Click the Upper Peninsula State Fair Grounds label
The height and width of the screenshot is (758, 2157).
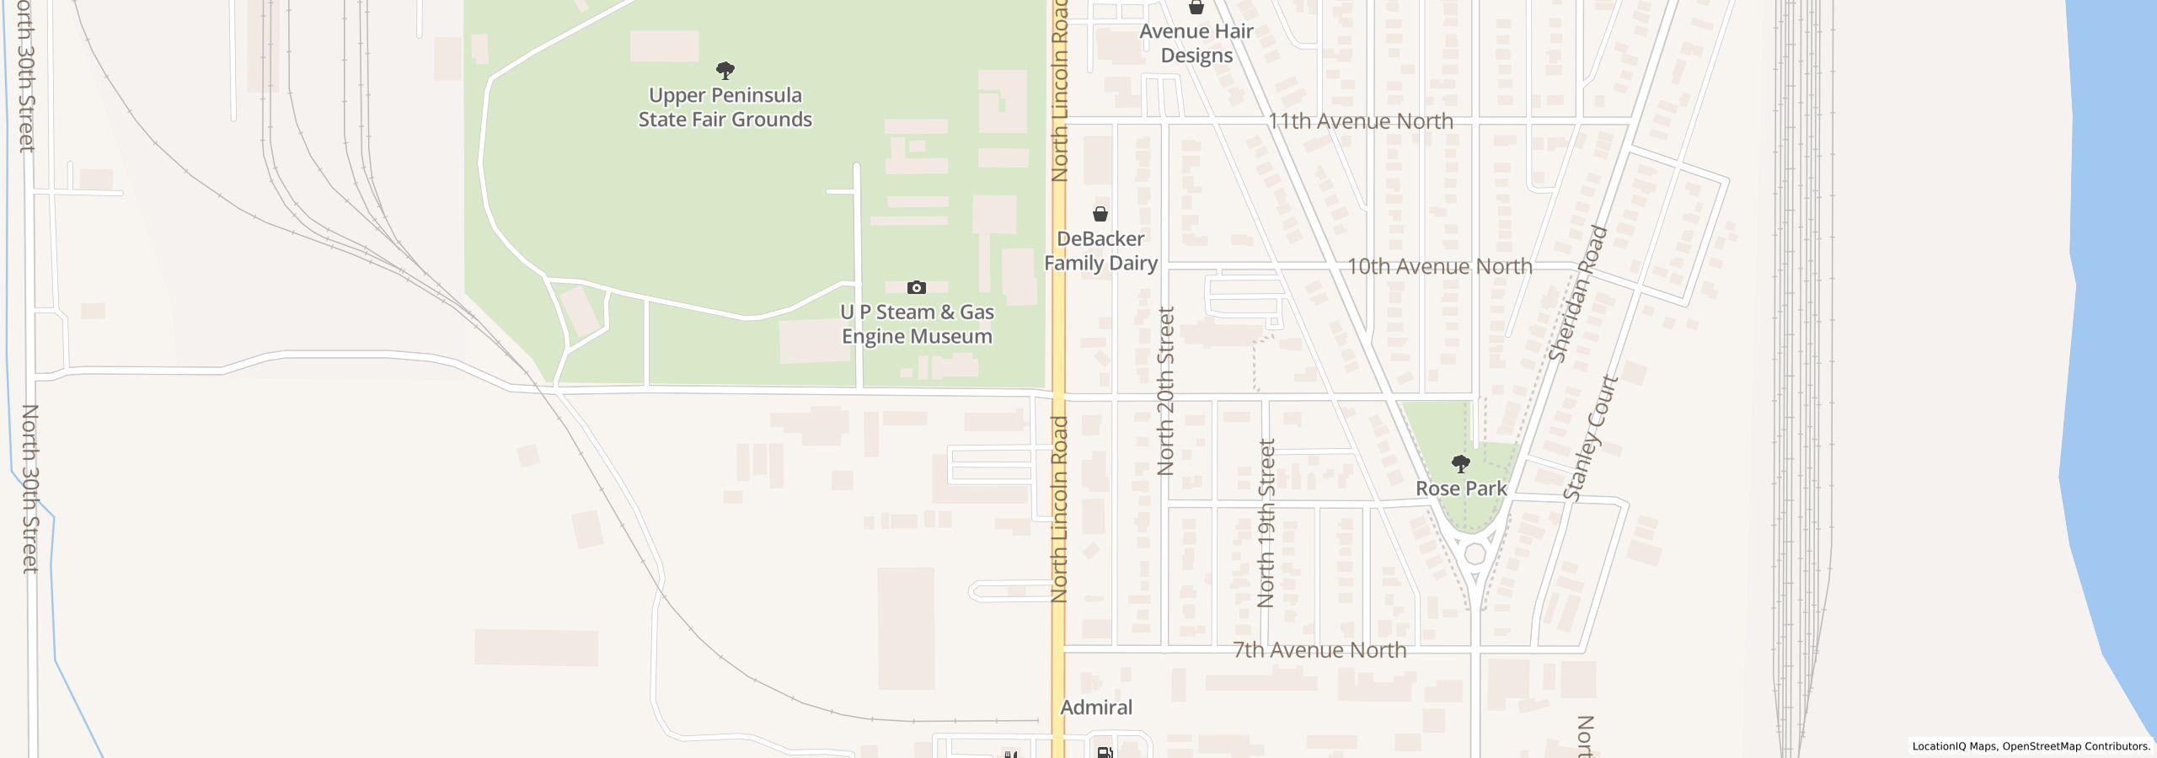point(725,107)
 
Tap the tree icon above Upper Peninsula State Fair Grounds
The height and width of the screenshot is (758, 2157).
point(725,70)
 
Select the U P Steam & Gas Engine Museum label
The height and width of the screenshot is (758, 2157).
point(917,324)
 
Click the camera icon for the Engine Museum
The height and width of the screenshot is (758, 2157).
point(916,288)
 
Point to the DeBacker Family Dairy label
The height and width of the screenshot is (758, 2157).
point(1100,251)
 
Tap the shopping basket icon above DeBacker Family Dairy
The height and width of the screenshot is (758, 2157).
point(1100,214)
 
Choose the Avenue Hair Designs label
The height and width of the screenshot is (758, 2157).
point(1196,44)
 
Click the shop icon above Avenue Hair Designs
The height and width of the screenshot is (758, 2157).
point(1196,8)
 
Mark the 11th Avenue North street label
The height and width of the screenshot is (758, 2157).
point(1360,121)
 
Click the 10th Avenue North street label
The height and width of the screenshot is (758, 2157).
point(1439,266)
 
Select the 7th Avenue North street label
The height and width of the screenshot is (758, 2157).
point(1319,650)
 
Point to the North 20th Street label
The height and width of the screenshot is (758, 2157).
point(1166,391)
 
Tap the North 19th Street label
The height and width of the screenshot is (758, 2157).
point(1266,522)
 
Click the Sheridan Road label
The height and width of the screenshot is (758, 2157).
point(1579,294)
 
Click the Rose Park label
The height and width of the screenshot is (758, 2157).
point(1461,488)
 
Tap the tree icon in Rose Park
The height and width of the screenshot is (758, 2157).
point(1461,463)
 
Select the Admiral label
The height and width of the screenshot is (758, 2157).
point(1096,707)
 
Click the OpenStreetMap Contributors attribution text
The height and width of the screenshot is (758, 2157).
point(2076,746)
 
